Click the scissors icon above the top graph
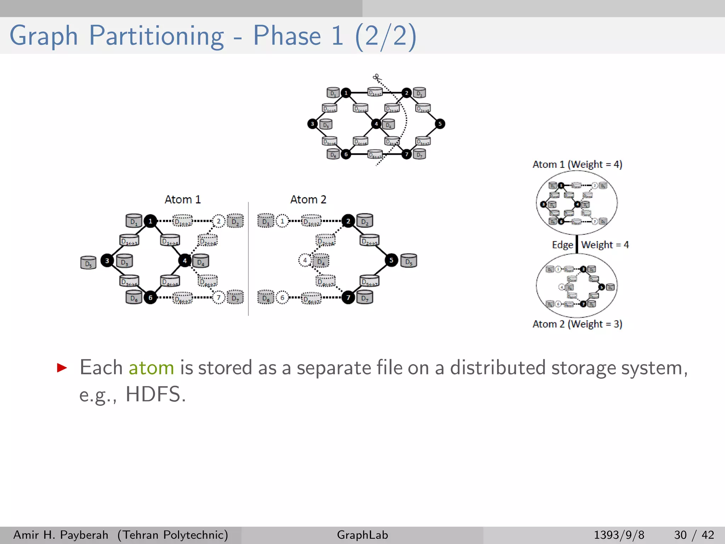376,77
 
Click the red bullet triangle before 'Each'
62,368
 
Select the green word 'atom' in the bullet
151,368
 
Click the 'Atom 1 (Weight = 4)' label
577,164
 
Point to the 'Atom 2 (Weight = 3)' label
577,324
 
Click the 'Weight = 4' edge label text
605,245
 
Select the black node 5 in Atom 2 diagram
391,260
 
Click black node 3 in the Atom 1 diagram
107,261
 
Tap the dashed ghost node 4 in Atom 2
304,260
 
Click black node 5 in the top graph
440,124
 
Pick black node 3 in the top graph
312,124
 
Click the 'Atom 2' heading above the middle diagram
308,199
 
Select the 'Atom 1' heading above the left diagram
183,199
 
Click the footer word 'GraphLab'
362,535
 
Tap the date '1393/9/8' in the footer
619,535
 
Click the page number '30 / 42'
694,535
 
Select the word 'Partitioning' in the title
156,36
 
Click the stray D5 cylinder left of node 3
88,263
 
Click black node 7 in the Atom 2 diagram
348,297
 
